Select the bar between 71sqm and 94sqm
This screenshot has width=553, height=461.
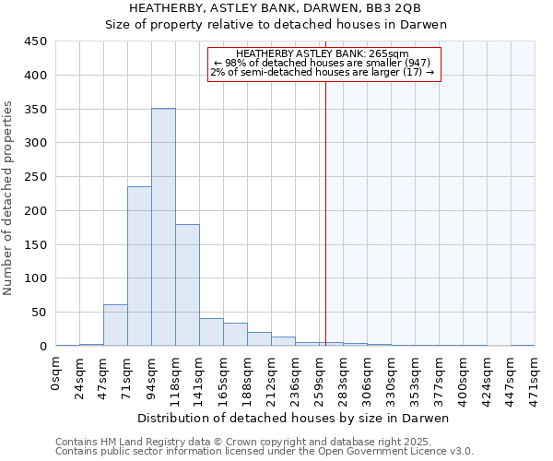[x=139, y=266]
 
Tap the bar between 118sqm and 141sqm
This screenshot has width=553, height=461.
[x=187, y=285]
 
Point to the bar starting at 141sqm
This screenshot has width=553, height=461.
[x=211, y=332]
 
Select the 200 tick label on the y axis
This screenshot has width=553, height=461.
[x=34, y=211]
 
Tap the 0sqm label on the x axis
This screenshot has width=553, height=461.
[x=56, y=372]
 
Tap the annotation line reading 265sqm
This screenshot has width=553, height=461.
[x=324, y=54]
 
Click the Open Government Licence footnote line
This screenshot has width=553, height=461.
[x=264, y=451]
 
